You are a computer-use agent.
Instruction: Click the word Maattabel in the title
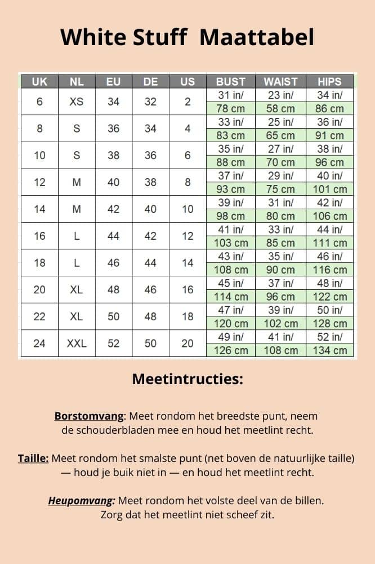257,37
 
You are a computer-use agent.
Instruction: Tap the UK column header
39,82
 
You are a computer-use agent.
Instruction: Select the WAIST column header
280,82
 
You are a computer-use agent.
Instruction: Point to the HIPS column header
329,82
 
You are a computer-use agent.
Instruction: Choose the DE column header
150,82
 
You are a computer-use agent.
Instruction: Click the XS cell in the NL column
77,102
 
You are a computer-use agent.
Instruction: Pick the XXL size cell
77,343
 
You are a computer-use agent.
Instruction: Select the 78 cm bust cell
231,109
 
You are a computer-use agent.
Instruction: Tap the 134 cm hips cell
329,350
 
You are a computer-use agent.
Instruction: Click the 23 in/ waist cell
280,95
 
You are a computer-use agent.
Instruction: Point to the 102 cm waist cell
280,324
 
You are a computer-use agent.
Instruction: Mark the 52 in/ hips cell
329,337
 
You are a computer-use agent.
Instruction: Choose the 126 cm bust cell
231,350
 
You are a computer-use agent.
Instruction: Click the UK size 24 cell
39,343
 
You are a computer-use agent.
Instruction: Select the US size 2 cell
187,102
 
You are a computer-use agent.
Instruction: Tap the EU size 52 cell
114,343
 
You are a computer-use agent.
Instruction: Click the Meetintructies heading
187,379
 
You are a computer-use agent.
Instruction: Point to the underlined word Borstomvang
88,416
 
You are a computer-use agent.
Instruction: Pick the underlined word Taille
33,458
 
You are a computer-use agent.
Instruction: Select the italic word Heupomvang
82,500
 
